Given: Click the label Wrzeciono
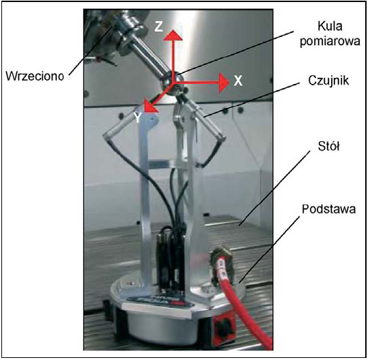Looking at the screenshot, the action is click(35, 77).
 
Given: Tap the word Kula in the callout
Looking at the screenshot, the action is click(330, 26).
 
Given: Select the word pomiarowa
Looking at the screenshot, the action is click(330, 42).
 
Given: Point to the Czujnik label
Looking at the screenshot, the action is click(328, 81).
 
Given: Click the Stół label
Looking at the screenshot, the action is click(329, 146).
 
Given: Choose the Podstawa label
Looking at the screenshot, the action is click(329, 209).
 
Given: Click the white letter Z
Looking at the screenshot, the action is click(159, 26).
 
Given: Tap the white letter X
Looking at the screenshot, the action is click(238, 81).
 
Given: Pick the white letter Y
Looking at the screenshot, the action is click(138, 117).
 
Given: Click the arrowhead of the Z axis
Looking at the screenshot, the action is click(173, 35).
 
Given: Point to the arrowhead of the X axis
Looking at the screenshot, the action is click(224, 83).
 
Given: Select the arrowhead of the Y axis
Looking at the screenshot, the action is click(150, 107).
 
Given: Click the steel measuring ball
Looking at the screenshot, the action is click(171, 83).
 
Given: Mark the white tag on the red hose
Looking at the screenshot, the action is click(222, 267).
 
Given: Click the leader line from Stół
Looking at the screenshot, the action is click(274, 189).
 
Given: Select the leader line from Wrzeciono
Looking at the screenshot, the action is click(91, 51).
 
